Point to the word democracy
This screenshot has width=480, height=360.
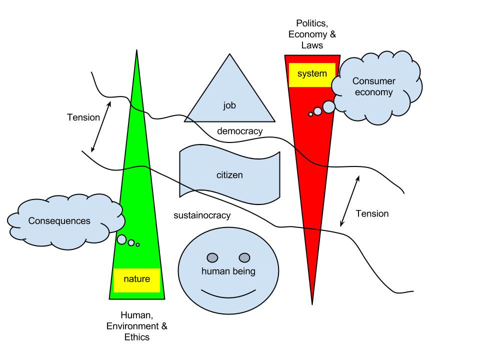(x=239, y=131)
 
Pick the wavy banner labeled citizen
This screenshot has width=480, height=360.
(x=229, y=175)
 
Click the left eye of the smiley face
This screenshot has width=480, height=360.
(x=212, y=257)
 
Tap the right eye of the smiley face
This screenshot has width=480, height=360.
(x=244, y=257)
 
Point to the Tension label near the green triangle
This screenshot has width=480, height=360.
(x=83, y=117)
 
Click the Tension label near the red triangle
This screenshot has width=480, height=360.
(x=372, y=213)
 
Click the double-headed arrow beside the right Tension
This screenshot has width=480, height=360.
(x=349, y=201)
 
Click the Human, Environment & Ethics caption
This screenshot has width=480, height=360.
(x=136, y=326)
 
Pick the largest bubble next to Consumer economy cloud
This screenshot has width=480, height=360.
(x=328, y=107)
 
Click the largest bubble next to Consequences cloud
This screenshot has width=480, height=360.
(x=121, y=239)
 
